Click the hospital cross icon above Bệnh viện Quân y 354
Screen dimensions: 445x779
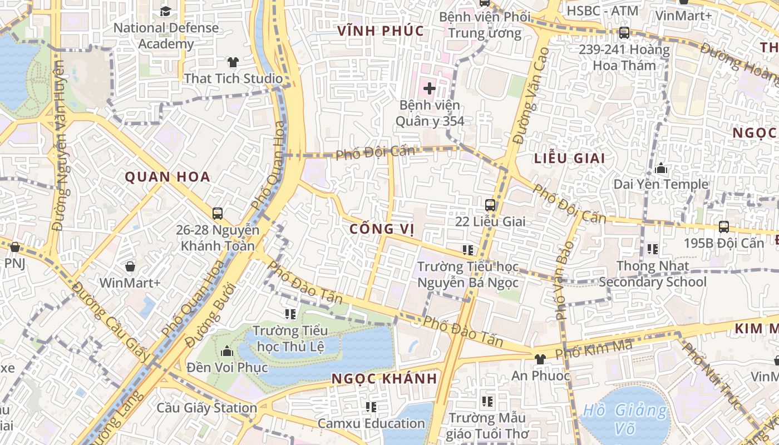(x=429, y=88)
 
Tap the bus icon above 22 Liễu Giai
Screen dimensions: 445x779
(x=490, y=205)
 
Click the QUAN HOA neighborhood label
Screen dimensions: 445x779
(x=167, y=177)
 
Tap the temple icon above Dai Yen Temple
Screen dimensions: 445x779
(x=660, y=167)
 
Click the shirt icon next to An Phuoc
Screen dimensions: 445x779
(x=539, y=359)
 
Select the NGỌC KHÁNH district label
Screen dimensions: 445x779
(x=384, y=379)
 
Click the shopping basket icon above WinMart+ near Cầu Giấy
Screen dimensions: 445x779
(x=130, y=266)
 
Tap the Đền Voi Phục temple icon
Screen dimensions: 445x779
(x=226, y=351)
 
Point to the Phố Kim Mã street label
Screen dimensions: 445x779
(x=594, y=349)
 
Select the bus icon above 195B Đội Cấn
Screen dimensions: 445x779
(x=723, y=226)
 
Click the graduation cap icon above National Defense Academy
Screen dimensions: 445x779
(x=165, y=11)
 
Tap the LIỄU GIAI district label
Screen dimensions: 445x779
(x=569, y=158)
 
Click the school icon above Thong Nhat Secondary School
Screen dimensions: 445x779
(x=652, y=249)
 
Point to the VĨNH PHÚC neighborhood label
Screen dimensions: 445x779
(x=381, y=31)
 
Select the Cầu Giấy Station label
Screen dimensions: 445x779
(x=206, y=408)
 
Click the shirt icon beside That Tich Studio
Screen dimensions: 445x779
(x=233, y=62)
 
